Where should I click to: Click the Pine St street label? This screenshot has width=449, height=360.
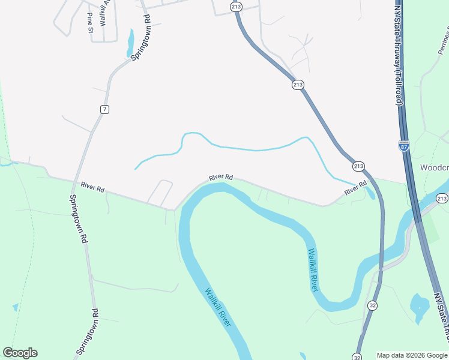click(x=90, y=22)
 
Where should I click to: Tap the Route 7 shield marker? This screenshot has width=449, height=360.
click(x=105, y=109)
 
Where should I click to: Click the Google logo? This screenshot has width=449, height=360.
click(x=20, y=353)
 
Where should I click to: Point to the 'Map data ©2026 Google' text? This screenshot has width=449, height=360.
click(x=412, y=355)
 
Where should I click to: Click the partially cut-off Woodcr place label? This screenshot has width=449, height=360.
click(x=433, y=167)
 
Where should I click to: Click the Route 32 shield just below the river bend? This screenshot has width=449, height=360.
click(x=372, y=305)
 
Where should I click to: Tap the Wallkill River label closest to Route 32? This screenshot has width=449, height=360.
click(x=313, y=269)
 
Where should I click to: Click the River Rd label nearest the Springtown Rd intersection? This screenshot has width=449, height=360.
click(x=92, y=187)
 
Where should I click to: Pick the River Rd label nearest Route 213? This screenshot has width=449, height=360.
click(x=355, y=188)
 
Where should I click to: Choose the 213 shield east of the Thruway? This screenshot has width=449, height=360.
click(x=442, y=199)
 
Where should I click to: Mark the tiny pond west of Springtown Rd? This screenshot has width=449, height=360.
click(x=15, y=307)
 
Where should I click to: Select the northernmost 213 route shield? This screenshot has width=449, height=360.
click(x=236, y=7)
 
